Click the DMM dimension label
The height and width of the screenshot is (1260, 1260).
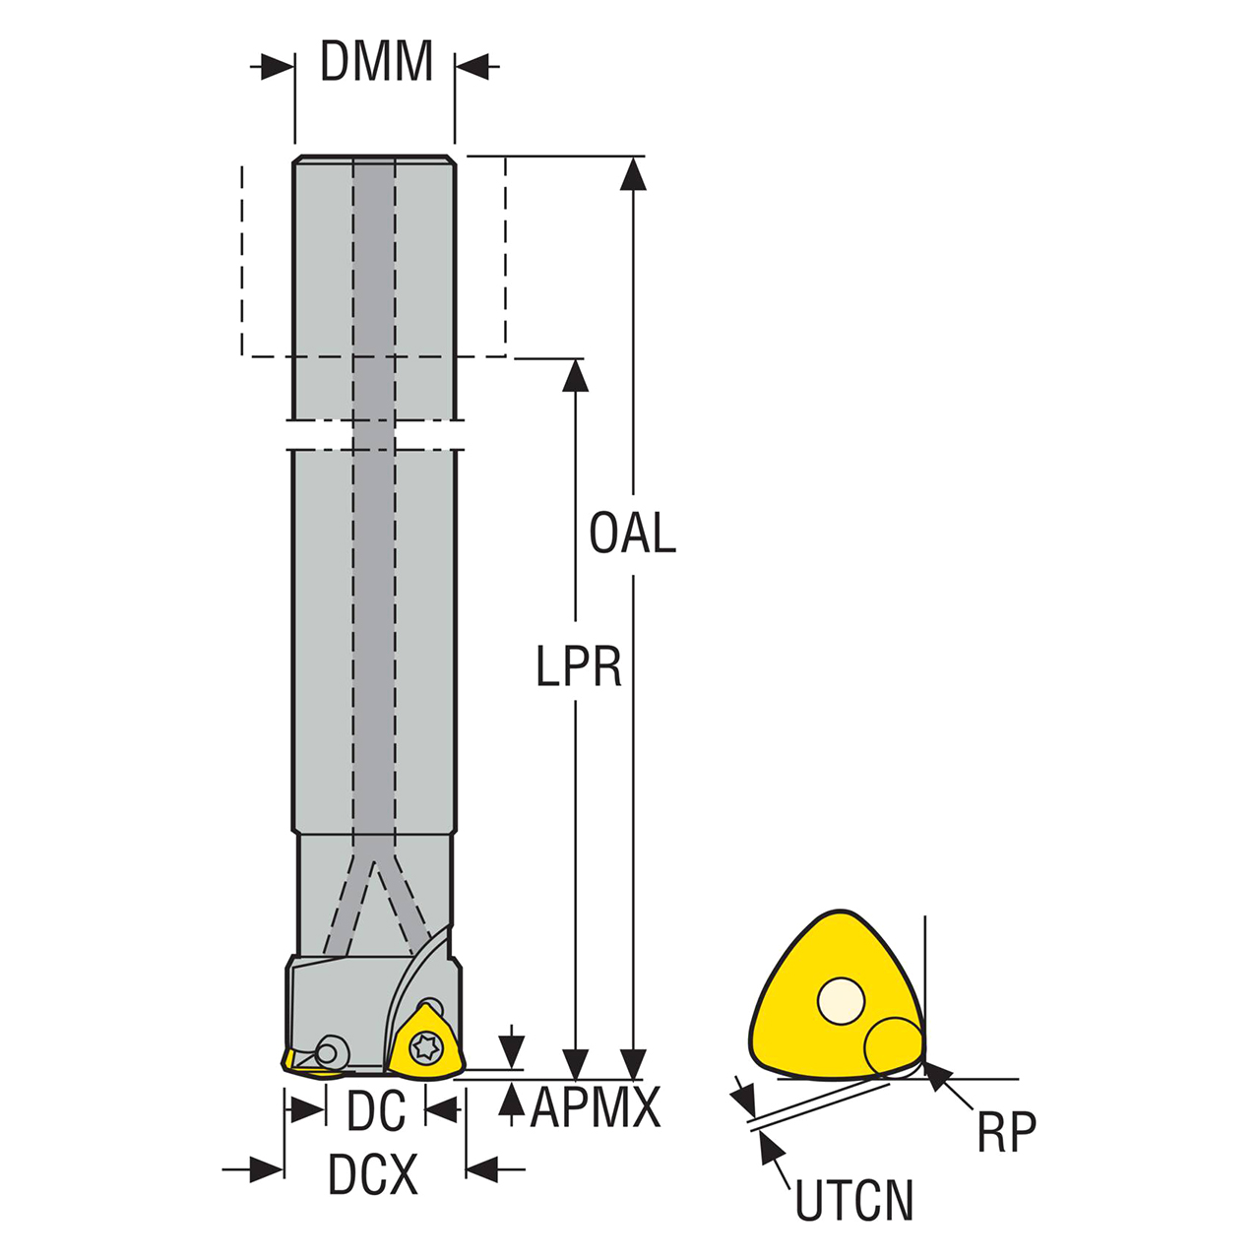coord(376,62)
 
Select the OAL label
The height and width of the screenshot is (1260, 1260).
coord(632,534)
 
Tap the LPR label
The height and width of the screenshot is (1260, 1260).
coord(579,666)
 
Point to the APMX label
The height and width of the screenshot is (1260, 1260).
coord(595,1108)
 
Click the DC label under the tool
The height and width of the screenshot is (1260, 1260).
coord(376,1111)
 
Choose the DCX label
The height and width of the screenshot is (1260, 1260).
coord(373,1174)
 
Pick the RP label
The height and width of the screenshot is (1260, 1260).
coord(1006,1133)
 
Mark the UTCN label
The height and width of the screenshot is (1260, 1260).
coord(853,1201)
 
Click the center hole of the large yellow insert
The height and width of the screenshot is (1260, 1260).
coord(841,1001)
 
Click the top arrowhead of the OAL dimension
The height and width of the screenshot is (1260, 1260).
coord(634,173)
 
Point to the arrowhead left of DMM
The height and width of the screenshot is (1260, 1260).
coord(278,68)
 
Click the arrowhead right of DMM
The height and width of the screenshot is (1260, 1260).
coord(472,68)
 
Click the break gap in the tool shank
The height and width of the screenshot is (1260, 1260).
coord(375,437)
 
